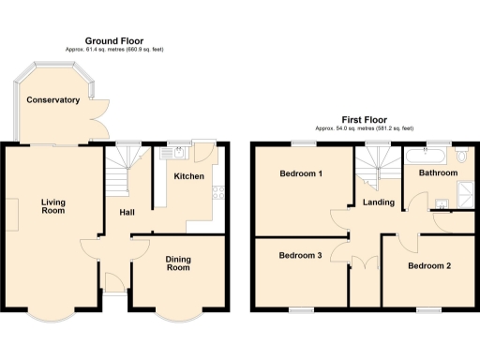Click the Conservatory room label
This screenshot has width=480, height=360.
[52, 99]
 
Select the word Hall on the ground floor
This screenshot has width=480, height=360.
[127, 212]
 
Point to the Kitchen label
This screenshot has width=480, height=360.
[188, 175]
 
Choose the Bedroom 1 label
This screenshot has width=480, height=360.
[301, 173]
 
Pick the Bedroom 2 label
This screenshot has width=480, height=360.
[429, 265]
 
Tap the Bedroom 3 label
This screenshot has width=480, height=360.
[301, 255]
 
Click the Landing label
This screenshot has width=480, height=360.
[378, 202]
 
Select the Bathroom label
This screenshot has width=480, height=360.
[438, 173]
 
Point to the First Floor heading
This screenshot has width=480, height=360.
[364, 120]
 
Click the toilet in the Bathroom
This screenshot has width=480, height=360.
[462, 157]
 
